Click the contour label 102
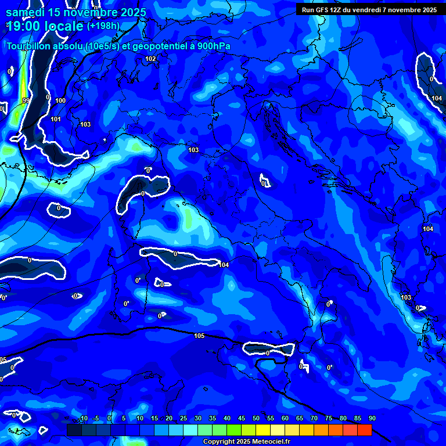pyautogui.click(x=150, y=59)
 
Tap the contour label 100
pyautogui.click(x=60, y=100)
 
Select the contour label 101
pyautogui.click(x=56, y=119)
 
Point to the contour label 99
pyautogui.click(x=26, y=100)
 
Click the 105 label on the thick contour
pyautogui.click(x=199, y=336)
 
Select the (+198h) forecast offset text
pyautogui.click(x=103, y=26)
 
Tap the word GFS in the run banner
pyautogui.click(x=325, y=10)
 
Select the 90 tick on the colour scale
pyautogui.click(x=372, y=418)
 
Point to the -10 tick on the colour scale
pyautogui.click(x=82, y=418)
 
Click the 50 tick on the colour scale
pyautogui.click(x=256, y=418)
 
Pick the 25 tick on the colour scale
pyautogui.click(x=184, y=418)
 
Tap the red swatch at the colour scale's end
pyautogui.click(x=364, y=430)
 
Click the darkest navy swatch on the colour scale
pyautogui.click(x=74, y=430)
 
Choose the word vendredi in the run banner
pyautogui.click(x=378, y=10)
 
